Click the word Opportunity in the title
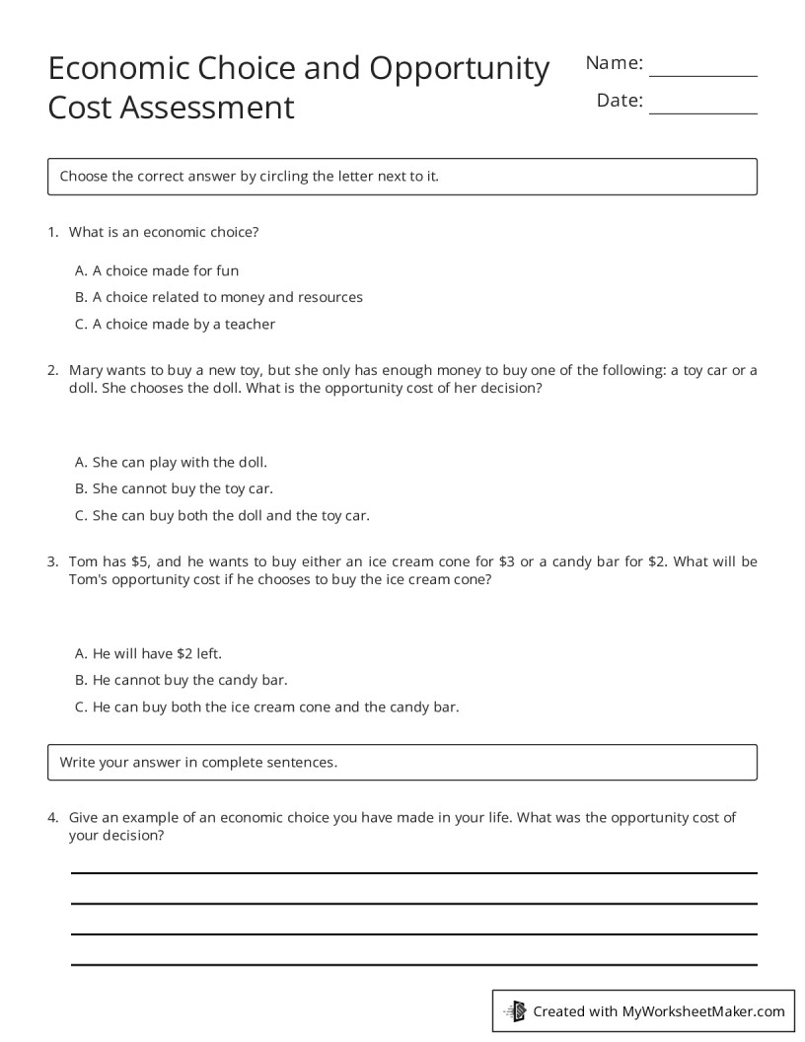[460, 69]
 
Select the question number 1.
[52, 233]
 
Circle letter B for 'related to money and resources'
[81, 297]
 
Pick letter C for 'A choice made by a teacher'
[81, 324]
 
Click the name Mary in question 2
[86, 371]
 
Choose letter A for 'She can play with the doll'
[81, 462]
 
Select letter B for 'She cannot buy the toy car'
[81, 488]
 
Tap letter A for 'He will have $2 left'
[81, 653]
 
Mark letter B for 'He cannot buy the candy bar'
[81, 680]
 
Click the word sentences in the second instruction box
[305, 762]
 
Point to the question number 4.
[52, 818]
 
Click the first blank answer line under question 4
[413, 872]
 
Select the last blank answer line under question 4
[413, 964]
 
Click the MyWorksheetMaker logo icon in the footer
[516, 1010]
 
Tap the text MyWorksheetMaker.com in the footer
[703, 1010]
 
